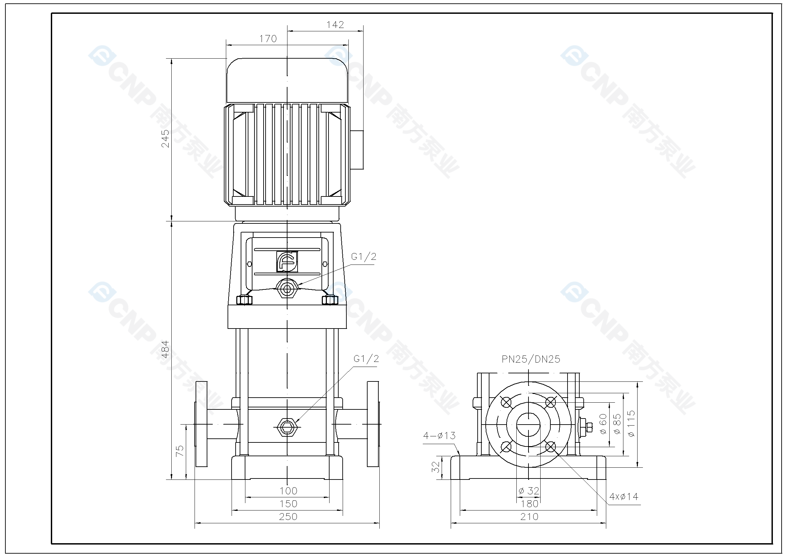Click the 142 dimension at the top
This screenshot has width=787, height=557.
point(335,25)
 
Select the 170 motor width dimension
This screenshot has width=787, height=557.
point(268,39)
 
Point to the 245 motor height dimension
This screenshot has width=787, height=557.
point(165,138)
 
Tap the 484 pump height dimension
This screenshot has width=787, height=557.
point(165,349)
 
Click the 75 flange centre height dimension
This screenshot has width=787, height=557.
point(180,451)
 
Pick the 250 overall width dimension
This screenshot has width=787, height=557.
point(288,517)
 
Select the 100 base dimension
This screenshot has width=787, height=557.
point(288,491)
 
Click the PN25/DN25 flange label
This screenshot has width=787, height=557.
point(531,359)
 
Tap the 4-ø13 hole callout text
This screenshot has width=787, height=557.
point(439,435)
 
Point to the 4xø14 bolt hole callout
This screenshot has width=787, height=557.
point(623,497)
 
